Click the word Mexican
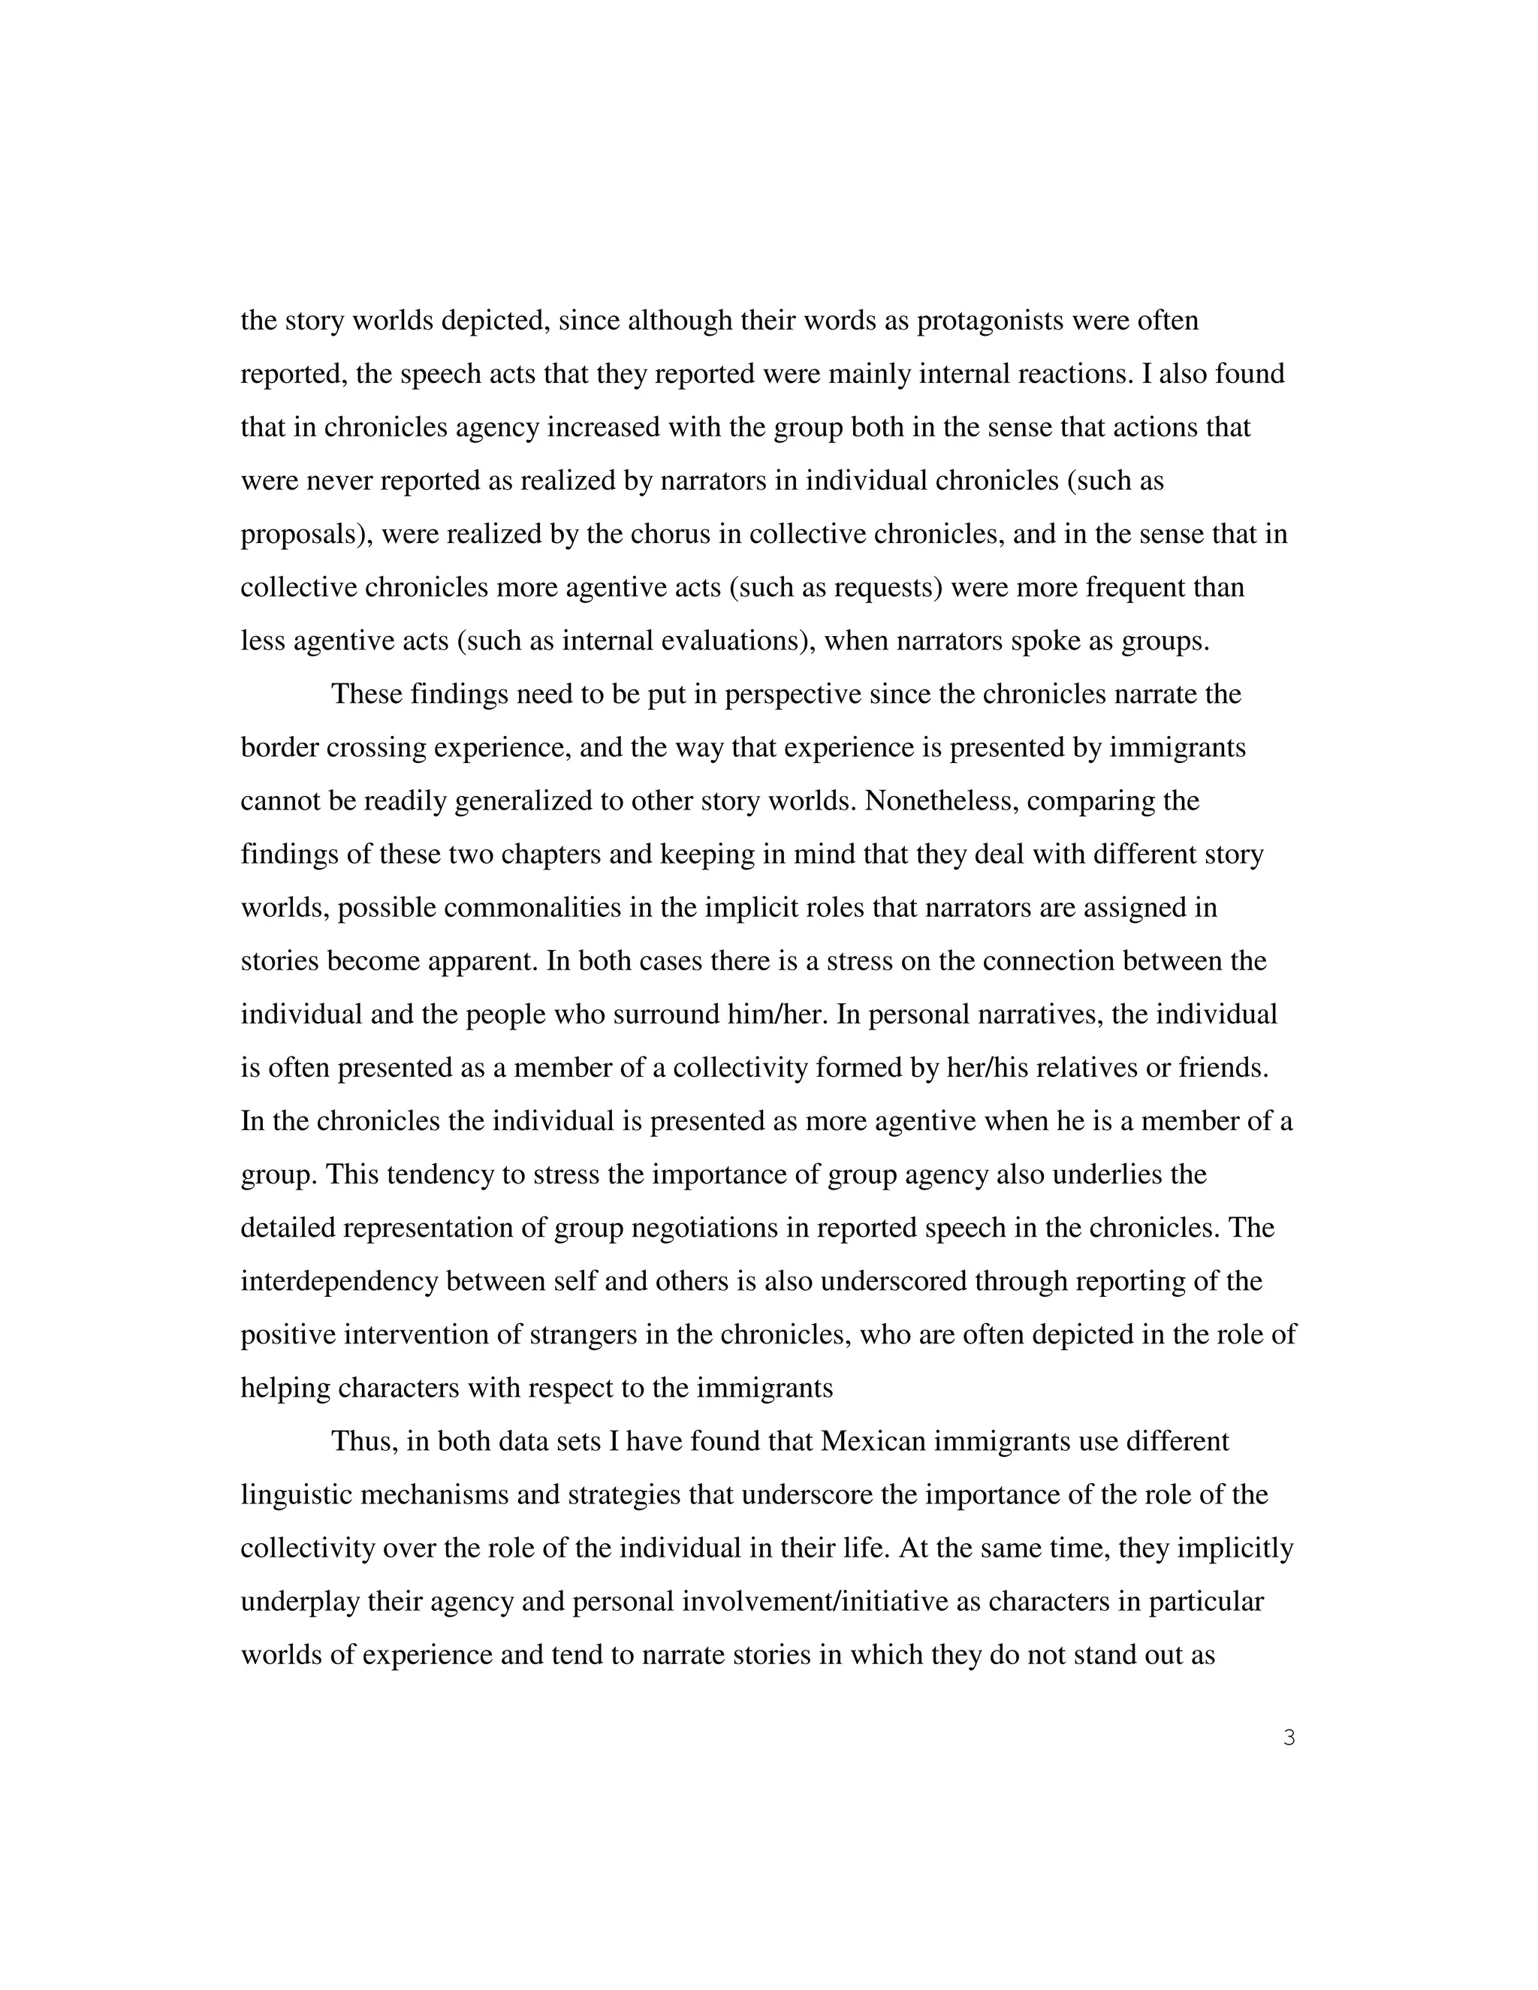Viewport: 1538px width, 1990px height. click(872, 1442)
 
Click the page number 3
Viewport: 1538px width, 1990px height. click(1289, 1738)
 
